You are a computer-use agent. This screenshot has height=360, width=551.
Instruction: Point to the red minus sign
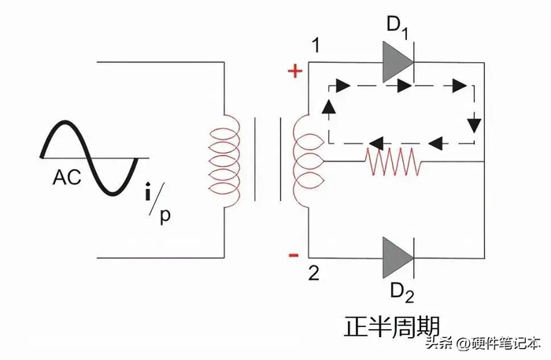click(294, 254)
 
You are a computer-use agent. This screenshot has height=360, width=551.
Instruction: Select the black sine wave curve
click(88, 158)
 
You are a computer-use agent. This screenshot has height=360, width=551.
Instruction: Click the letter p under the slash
click(165, 216)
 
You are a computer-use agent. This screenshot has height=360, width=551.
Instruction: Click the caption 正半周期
click(390, 326)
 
